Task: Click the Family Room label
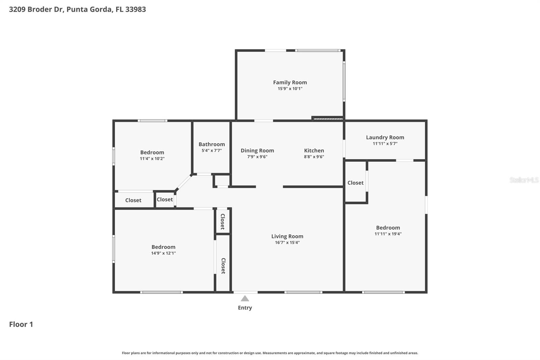(x=290, y=82)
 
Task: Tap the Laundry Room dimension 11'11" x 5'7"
(x=385, y=144)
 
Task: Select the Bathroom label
(x=212, y=144)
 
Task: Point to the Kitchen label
(x=314, y=151)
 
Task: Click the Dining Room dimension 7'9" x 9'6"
(x=257, y=157)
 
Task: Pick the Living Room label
(x=287, y=236)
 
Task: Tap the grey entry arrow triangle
(x=245, y=299)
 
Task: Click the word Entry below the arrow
(x=245, y=308)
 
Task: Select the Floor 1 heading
(x=21, y=324)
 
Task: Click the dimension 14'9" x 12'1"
(x=163, y=253)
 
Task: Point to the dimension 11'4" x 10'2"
(x=152, y=159)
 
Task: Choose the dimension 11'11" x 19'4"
(x=388, y=234)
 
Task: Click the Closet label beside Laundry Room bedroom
(x=355, y=183)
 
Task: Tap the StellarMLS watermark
(x=524, y=180)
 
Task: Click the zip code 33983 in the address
(x=135, y=9)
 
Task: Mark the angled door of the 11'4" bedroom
(x=184, y=183)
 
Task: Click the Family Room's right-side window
(x=344, y=81)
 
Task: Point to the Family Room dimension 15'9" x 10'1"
(x=290, y=89)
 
